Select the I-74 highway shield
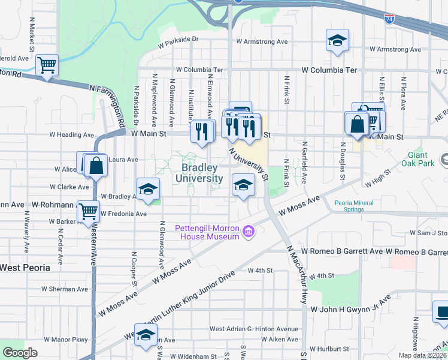pos(389,19)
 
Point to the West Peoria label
pos(25,268)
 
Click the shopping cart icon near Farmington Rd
pos(47,64)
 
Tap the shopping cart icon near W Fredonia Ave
pos(89,211)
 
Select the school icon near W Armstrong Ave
pos(337,40)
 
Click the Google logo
pos(20,353)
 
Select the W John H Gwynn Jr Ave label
pos(350,310)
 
